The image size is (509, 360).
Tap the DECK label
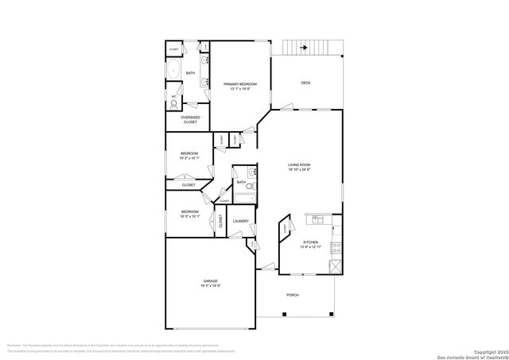point(305,83)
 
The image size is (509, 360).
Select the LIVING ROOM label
point(299,165)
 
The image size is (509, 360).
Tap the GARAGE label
point(210,281)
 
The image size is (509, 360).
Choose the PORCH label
point(293,296)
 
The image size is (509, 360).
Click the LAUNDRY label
point(241,221)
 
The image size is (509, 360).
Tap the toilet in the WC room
point(174,104)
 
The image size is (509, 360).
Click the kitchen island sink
point(317,219)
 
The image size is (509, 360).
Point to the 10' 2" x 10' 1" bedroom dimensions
point(188,158)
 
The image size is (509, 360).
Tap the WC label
point(173,96)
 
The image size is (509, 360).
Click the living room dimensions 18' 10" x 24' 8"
point(299,170)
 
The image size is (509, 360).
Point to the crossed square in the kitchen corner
point(336,268)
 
